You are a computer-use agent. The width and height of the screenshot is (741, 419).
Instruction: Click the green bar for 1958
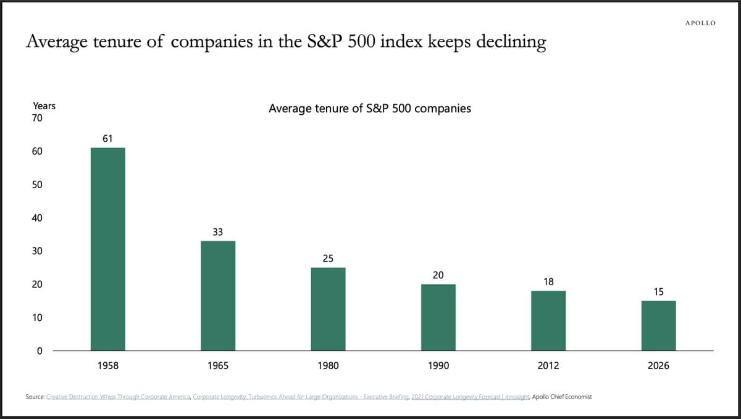(x=108, y=249)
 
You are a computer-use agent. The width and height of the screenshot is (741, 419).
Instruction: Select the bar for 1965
(x=218, y=296)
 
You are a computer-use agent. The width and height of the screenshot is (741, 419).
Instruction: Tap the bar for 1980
(x=328, y=309)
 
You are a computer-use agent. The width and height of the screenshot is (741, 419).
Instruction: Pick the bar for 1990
(x=438, y=317)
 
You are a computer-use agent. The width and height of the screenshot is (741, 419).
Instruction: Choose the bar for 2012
(x=548, y=321)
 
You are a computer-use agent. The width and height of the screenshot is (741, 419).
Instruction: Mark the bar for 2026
(x=658, y=326)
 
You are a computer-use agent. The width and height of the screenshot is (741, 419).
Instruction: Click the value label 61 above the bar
(x=107, y=139)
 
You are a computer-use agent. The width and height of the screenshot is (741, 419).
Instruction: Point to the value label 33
(x=218, y=232)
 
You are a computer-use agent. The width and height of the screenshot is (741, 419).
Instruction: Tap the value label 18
(x=548, y=281)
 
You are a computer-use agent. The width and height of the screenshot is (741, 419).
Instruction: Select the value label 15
(x=658, y=292)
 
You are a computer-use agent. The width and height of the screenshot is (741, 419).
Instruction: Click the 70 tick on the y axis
(x=37, y=118)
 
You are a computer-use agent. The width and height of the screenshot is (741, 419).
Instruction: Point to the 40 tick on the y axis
(x=37, y=218)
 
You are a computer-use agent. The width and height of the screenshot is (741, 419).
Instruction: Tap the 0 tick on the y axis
(x=40, y=351)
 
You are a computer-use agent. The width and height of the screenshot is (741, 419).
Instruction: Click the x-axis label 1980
(x=328, y=366)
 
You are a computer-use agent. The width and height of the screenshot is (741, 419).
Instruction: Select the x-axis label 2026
(x=658, y=366)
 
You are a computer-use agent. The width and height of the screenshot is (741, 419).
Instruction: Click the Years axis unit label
(x=44, y=106)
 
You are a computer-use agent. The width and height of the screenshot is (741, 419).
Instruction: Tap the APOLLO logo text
(x=700, y=23)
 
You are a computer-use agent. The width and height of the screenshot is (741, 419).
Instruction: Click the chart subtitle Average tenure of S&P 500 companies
(x=370, y=109)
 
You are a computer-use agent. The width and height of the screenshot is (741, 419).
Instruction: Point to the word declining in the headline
(x=511, y=42)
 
